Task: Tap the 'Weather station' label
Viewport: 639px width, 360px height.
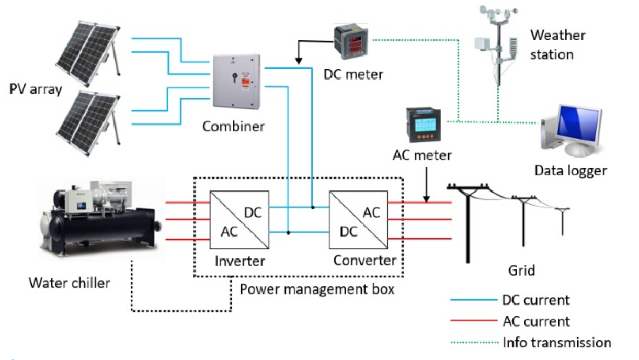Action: coord(558,44)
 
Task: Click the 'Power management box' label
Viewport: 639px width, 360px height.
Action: coord(317,288)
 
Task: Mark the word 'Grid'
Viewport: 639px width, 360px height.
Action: coord(521,271)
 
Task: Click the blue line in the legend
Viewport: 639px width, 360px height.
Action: coord(473,300)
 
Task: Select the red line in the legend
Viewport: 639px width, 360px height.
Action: coord(473,321)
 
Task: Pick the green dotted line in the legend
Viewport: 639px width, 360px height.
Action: coord(473,343)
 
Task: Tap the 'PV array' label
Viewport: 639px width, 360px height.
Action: coord(36,89)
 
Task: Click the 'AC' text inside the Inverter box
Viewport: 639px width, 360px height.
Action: coord(229,231)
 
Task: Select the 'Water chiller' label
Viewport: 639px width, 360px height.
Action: coord(70,283)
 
